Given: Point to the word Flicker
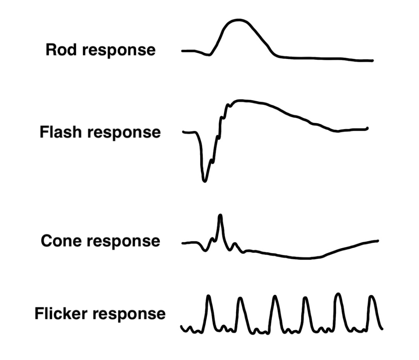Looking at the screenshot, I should pos(60,314).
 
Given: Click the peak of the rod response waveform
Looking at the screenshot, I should pos(237,20).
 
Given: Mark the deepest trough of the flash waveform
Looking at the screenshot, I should pos(205,180).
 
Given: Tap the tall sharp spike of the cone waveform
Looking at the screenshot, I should pos(221,215).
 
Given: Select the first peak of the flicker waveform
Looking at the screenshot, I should pos(209,296).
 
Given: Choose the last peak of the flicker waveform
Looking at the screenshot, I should pos(372,296).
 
